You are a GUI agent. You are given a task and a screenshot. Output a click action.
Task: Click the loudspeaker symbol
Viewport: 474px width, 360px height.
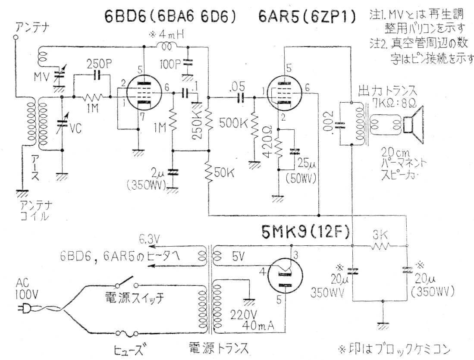tap(414, 125)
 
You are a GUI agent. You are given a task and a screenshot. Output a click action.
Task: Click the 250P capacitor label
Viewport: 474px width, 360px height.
tap(99, 63)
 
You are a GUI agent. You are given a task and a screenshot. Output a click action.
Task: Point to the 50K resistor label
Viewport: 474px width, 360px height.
tap(225, 174)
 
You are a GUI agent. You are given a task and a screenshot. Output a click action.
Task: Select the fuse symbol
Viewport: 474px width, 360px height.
tap(127, 333)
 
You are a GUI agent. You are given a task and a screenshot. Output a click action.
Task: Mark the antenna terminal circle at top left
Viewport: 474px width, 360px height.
tap(16, 38)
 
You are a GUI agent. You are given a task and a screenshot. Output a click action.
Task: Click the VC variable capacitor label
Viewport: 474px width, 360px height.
tap(76, 128)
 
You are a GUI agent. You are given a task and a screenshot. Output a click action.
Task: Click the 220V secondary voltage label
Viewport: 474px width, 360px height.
tap(240, 313)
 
